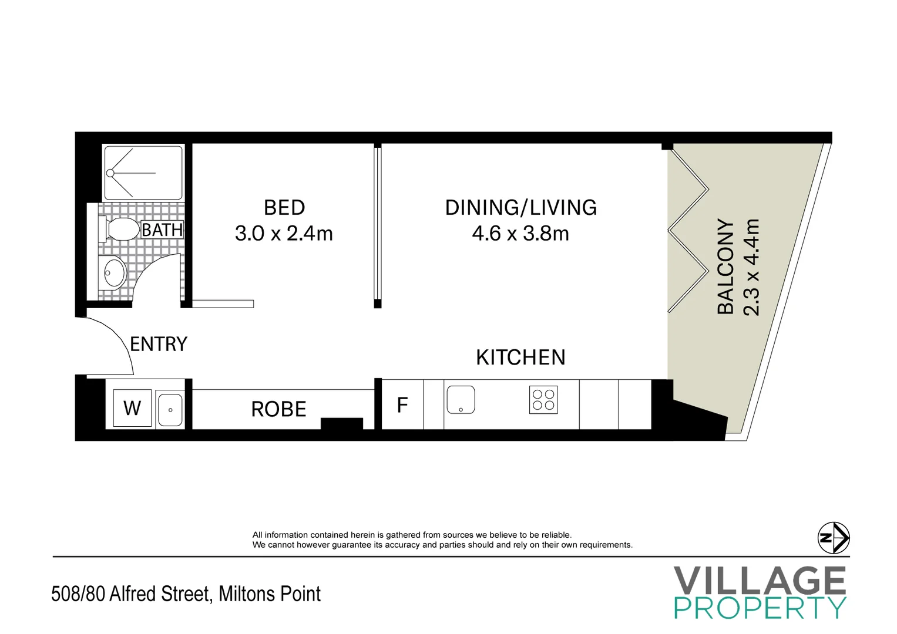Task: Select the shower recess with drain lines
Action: [x=143, y=173]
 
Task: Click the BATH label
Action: [x=162, y=230]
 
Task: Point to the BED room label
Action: [x=284, y=208]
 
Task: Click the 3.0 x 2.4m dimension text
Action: [x=284, y=234]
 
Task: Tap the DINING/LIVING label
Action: [x=520, y=208]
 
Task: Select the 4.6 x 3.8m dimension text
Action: [x=520, y=234]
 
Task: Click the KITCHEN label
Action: [x=520, y=358]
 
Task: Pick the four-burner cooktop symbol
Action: [x=543, y=400]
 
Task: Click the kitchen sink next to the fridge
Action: [x=461, y=400]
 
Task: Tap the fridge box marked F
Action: [x=402, y=405]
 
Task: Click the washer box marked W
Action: [x=132, y=408]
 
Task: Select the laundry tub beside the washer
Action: [x=170, y=409]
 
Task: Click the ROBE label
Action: [x=278, y=409]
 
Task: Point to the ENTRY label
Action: [x=159, y=344]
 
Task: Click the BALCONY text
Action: [x=727, y=267]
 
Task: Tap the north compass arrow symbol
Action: [x=834, y=537]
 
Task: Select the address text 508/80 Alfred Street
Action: [x=130, y=594]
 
